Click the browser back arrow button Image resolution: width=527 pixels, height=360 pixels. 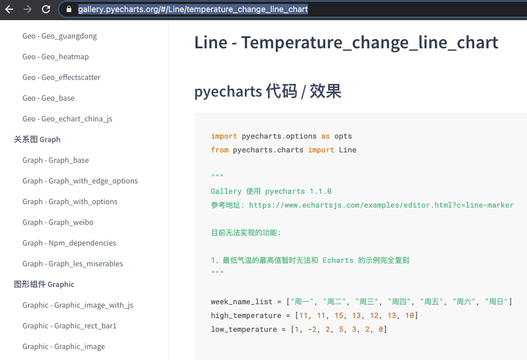[9, 9]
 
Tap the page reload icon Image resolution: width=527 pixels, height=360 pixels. [46, 9]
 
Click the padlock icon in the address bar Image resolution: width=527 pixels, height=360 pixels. [69, 9]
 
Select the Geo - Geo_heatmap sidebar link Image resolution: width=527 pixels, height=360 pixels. [55, 56]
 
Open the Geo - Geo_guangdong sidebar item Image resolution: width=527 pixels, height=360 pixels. [60, 36]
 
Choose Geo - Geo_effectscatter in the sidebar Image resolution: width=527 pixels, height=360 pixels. [61, 78]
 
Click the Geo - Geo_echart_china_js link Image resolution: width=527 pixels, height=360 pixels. [67, 119]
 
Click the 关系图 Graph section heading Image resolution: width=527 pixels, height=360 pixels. [37, 139]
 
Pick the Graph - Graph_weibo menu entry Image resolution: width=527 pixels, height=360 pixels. [58, 223]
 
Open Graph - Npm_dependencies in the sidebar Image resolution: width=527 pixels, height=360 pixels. [69, 243]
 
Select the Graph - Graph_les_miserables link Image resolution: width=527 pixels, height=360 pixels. [72, 264]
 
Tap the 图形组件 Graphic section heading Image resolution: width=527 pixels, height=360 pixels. [44, 284]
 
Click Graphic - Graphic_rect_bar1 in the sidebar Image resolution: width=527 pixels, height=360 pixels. [69, 325]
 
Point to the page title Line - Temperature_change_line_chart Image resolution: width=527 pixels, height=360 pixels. [346, 43]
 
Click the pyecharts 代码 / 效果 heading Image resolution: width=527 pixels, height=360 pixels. [268, 91]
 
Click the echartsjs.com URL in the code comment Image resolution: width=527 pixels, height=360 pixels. [381, 205]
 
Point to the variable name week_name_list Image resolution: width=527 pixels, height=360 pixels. [241, 302]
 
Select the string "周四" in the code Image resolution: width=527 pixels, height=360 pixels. [399, 302]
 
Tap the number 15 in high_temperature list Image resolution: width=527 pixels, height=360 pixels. [339, 316]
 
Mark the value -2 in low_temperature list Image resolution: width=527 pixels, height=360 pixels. [312, 330]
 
